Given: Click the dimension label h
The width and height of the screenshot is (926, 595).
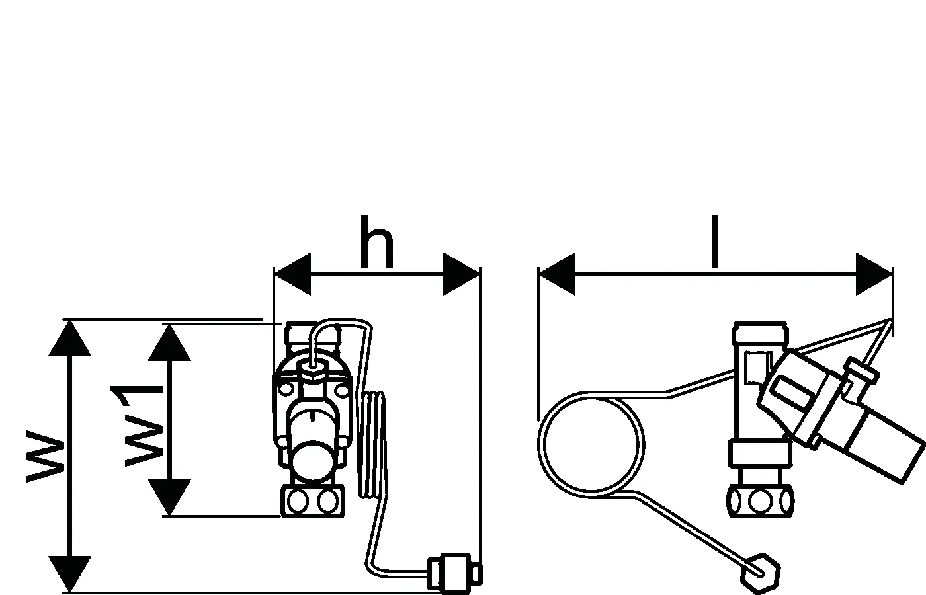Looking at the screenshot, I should coord(377,243).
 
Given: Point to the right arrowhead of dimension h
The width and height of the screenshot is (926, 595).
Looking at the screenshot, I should coord(461,273).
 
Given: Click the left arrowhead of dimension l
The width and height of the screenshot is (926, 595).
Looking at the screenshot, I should coord(557,273).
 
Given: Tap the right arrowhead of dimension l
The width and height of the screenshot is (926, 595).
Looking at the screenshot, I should coord(874,273).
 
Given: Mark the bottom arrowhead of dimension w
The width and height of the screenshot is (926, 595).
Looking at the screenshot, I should coord(69,574).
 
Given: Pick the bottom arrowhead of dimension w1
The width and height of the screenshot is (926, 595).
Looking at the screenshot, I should coord(169,498).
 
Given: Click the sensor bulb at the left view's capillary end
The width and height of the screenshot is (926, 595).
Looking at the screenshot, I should coord(453,570).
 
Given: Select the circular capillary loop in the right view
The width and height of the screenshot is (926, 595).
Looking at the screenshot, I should coord(591,444).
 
